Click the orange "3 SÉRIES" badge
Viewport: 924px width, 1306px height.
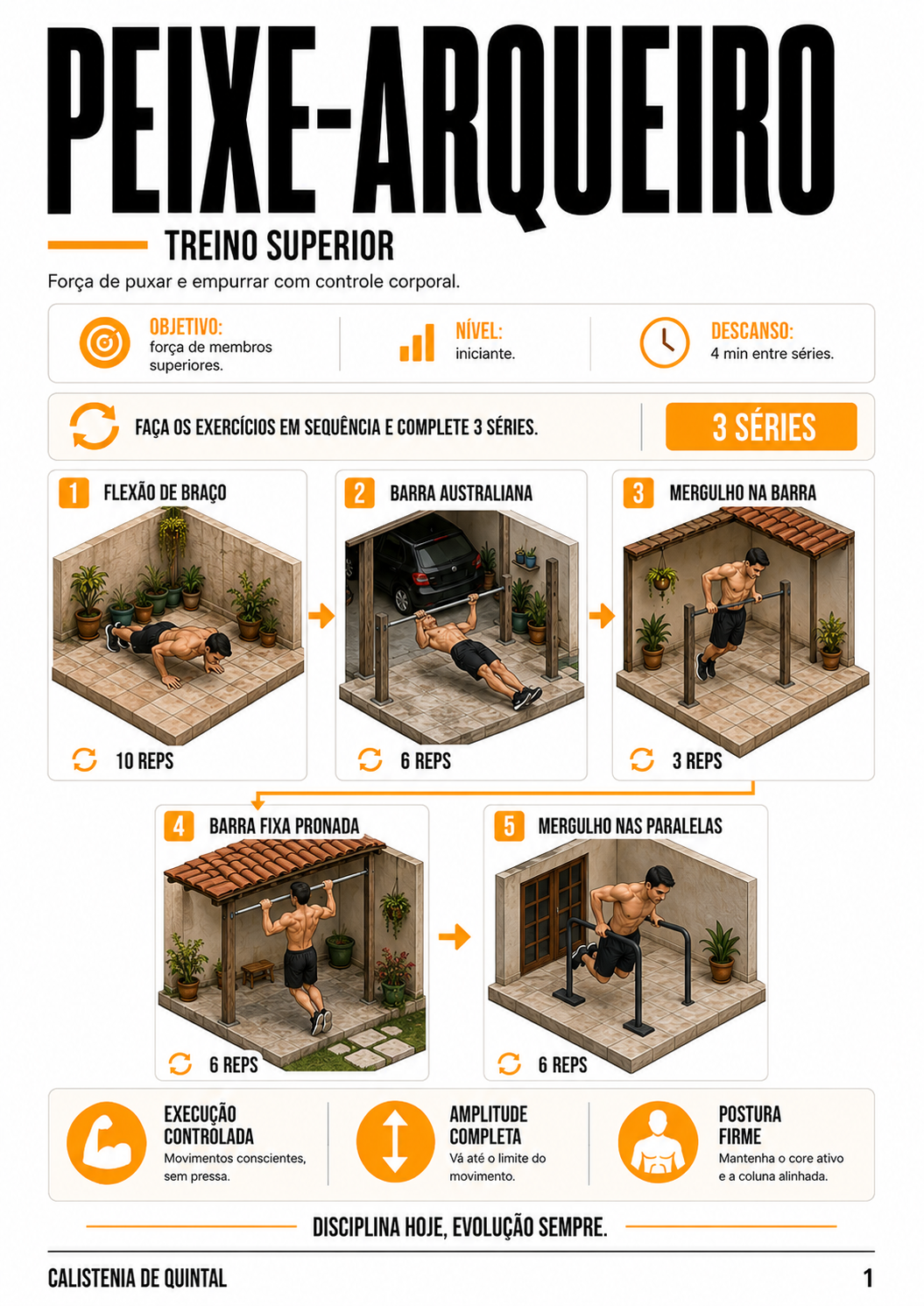pyautogui.click(x=761, y=427)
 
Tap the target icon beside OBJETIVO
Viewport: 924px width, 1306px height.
pyautogui.click(x=105, y=342)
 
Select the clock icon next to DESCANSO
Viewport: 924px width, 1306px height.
pyautogui.click(x=665, y=342)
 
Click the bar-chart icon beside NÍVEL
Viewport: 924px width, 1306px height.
pyautogui.click(x=417, y=342)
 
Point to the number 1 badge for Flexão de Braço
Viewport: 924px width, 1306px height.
pyautogui.click(x=74, y=492)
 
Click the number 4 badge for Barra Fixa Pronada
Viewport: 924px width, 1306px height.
pyautogui.click(x=179, y=827)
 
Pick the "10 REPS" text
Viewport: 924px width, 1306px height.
pyautogui.click(x=145, y=761)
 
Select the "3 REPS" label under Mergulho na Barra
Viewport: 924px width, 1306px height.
pyautogui.click(x=697, y=761)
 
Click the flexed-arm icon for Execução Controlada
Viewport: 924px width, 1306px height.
pyautogui.click(x=106, y=1143)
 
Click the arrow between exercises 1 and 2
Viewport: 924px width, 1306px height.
pyautogui.click(x=321, y=616)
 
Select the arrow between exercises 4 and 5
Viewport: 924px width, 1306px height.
pyautogui.click(x=455, y=937)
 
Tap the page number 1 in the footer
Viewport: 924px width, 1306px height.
pyautogui.click(x=867, y=1278)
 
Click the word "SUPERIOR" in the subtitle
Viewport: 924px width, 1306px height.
pyautogui.click(x=330, y=246)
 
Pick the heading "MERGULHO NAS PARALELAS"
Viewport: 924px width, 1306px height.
pyautogui.click(x=631, y=826)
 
